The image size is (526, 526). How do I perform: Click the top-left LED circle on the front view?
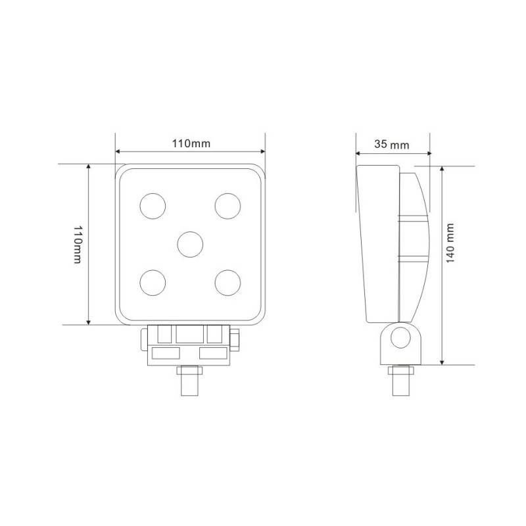pyautogui.click(x=153, y=204)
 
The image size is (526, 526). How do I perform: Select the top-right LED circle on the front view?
pyautogui.click(x=227, y=204)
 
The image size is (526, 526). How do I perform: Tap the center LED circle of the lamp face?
pyautogui.click(x=190, y=243)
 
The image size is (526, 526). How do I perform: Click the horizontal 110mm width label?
pyautogui.click(x=191, y=143)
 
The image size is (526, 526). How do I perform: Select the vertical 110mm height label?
pyautogui.click(x=78, y=245)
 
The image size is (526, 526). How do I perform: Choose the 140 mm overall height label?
pyautogui.click(x=450, y=244)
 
